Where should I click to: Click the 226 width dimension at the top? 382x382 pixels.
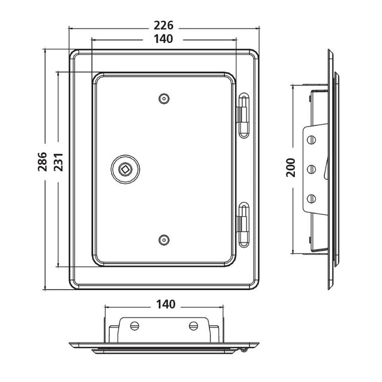coord(164,25)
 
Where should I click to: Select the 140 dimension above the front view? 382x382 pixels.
coord(164,39)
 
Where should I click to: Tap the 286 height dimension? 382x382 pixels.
coord(42,162)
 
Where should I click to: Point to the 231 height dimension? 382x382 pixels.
coord(58,162)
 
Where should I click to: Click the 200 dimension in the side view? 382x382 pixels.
coord(291,167)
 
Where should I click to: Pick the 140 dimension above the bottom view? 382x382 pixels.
coord(166,304)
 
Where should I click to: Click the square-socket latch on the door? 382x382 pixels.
coord(125,169)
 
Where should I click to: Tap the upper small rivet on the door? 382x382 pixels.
coord(164,98)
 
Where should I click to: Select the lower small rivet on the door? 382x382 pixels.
coord(164,240)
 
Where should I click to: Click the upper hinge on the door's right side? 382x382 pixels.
coord(243,115)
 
